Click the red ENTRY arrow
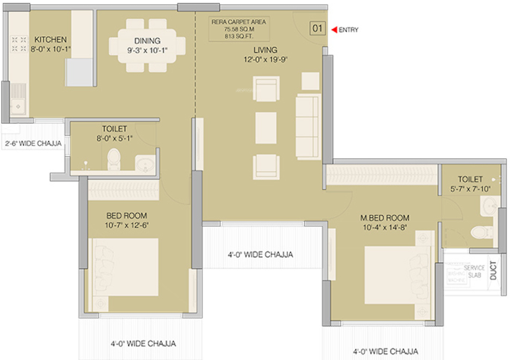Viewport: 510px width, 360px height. tap(334, 29)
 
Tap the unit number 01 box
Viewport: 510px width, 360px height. tap(317, 28)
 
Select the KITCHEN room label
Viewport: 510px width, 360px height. tap(50, 40)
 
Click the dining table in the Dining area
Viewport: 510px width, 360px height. tap(147, 43)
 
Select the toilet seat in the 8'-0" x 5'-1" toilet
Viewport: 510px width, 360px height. tap(113, 160)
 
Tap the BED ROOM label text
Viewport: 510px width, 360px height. tap(126, 216)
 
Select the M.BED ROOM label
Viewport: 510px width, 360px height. tap(385, 218)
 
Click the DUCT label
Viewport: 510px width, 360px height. tap(493, 271)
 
